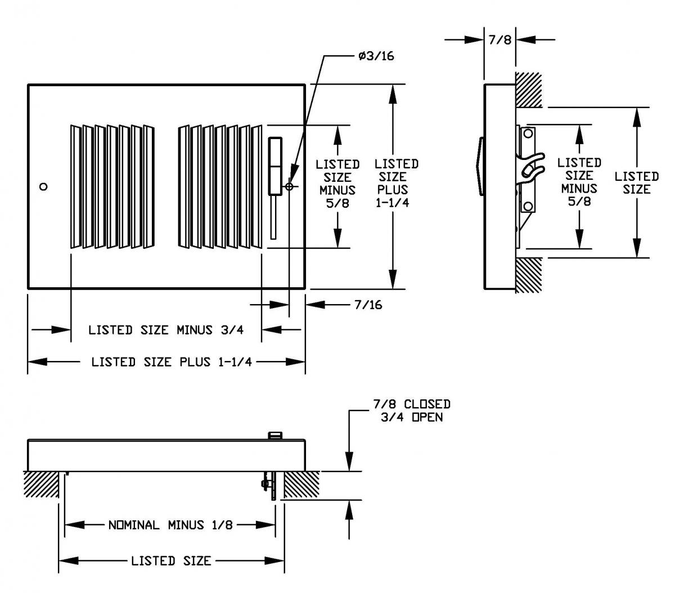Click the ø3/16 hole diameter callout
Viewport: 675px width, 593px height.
pos(376,56)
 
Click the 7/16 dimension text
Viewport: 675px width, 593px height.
pos(368,305)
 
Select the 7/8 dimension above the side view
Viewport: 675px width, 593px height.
pos(500,40)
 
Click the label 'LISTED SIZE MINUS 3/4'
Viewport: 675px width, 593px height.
pos(166,330)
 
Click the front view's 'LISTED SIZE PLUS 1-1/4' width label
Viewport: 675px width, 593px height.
pos(166,362)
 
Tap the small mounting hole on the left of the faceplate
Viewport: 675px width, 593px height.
pos(44,186)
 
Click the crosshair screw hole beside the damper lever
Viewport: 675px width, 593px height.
pos(289,186)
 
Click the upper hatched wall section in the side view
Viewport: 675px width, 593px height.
pos(528,90)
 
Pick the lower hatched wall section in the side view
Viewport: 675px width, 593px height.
pos(528,275)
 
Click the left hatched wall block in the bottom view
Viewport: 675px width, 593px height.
pos(42,484)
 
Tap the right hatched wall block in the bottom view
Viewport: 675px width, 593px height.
pos(301,484)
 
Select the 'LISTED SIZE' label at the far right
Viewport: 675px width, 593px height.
pos(636,183)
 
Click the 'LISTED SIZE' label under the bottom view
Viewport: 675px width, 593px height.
pos(171,561)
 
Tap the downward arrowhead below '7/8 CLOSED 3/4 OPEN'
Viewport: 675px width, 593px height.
pos(350,461)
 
